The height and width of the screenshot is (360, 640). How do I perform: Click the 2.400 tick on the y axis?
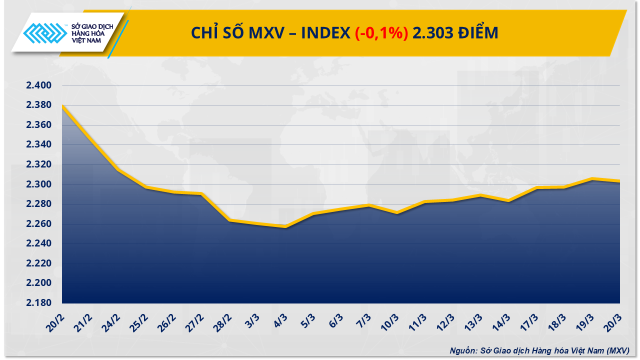39,86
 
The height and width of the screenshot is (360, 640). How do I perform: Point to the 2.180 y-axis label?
39,303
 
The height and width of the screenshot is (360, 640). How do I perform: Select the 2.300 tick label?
39,184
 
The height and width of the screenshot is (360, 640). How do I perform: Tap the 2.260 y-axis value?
39,224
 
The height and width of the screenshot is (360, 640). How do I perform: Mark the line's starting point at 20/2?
62,105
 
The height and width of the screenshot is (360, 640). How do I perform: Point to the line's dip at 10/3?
396,212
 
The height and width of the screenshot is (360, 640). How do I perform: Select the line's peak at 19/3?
592,178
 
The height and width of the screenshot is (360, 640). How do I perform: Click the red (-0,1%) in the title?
381,33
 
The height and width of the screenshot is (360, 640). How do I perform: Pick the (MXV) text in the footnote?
618,350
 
